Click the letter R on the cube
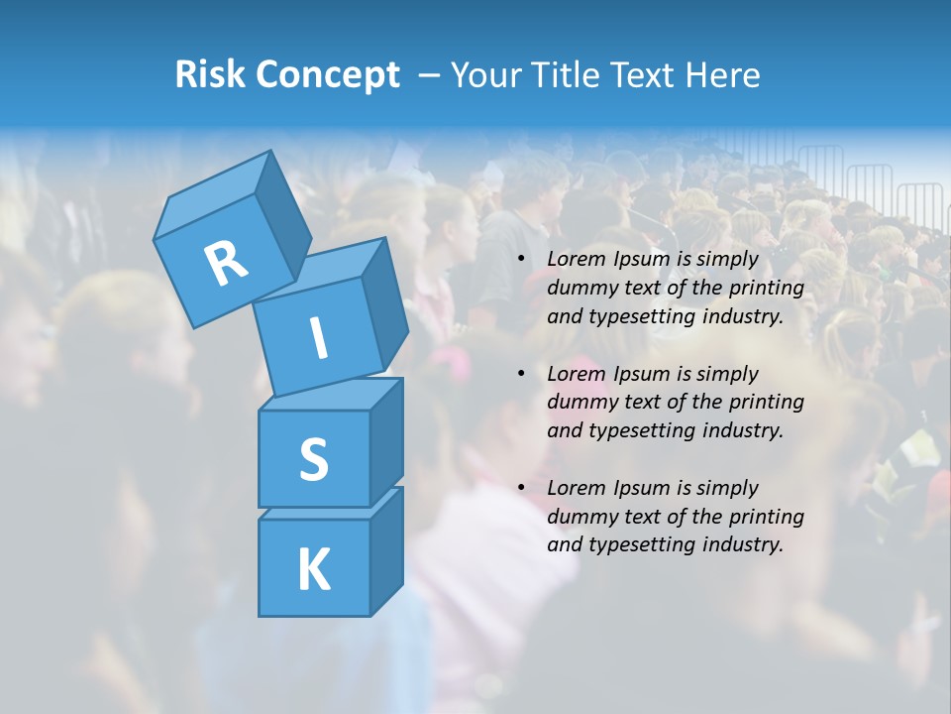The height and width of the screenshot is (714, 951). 226,263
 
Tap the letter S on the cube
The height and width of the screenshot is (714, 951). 313,459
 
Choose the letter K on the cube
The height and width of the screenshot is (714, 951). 313,569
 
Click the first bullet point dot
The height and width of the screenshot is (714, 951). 521,260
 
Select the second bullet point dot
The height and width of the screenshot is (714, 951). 521,374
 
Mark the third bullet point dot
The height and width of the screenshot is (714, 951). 521,488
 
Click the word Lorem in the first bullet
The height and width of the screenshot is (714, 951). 576,260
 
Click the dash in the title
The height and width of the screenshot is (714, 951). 429,75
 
